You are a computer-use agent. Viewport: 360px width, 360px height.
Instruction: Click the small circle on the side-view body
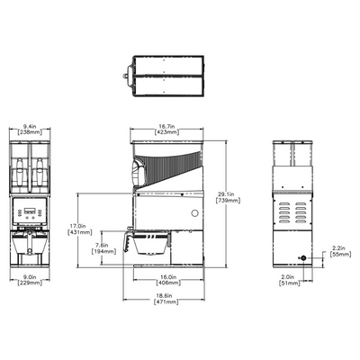[193, 214]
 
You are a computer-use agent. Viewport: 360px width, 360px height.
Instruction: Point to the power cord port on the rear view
[303, 258]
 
